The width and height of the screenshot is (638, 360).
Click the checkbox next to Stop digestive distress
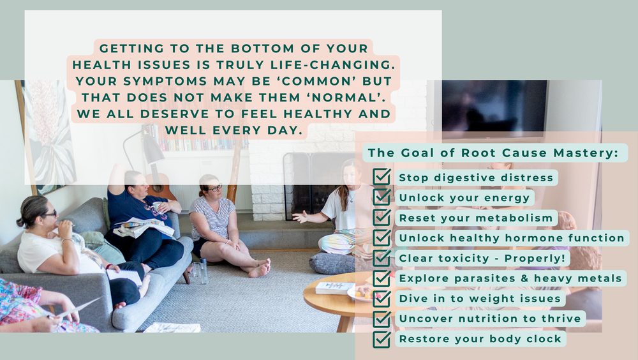tap(382, 177)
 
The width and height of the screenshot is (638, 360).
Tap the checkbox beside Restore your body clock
tap(382, 339)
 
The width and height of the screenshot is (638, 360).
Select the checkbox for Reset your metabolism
tap(382, 218)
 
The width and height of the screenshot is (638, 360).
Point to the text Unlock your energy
tap(464, 198)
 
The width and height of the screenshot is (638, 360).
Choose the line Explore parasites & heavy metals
tap(510, 278)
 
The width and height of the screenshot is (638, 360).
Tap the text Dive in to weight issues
tap(480, 298)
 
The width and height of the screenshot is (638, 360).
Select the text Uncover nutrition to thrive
tap(490, 319)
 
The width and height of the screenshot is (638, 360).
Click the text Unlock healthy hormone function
tap(512, 238)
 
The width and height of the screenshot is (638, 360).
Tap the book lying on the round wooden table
tap(334, 288)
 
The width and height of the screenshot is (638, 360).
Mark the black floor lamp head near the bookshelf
tap(153, 152)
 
